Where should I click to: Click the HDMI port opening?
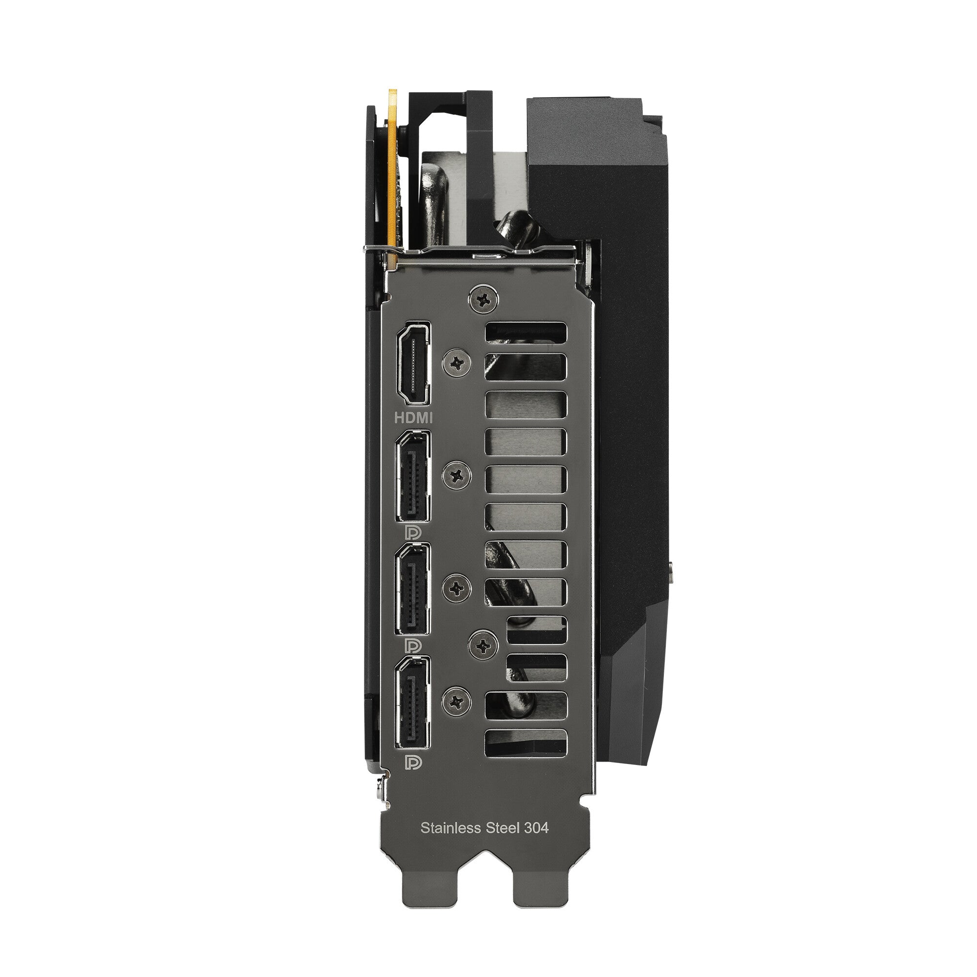[414, 363]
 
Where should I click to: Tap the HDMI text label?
[414, 417]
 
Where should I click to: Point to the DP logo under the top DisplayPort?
[413, 532]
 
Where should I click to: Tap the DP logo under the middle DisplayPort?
[413, 646]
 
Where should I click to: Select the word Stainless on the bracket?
[450, 828]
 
